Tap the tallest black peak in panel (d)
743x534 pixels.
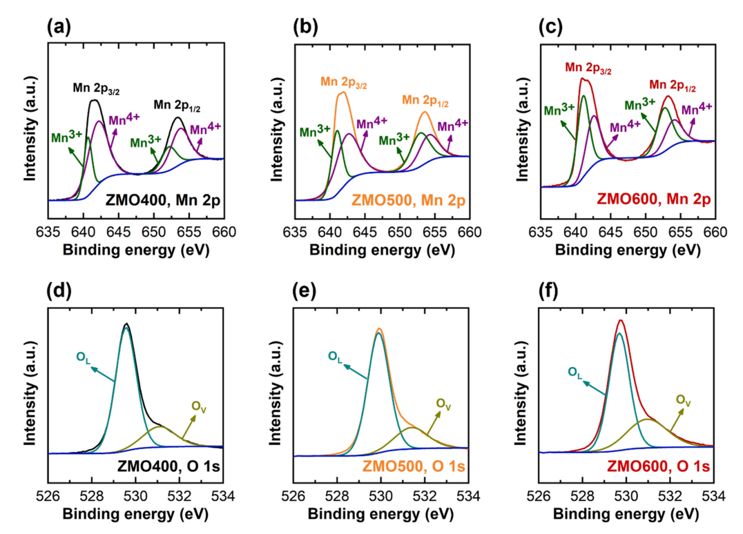126,324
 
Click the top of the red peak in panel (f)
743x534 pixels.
621,320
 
